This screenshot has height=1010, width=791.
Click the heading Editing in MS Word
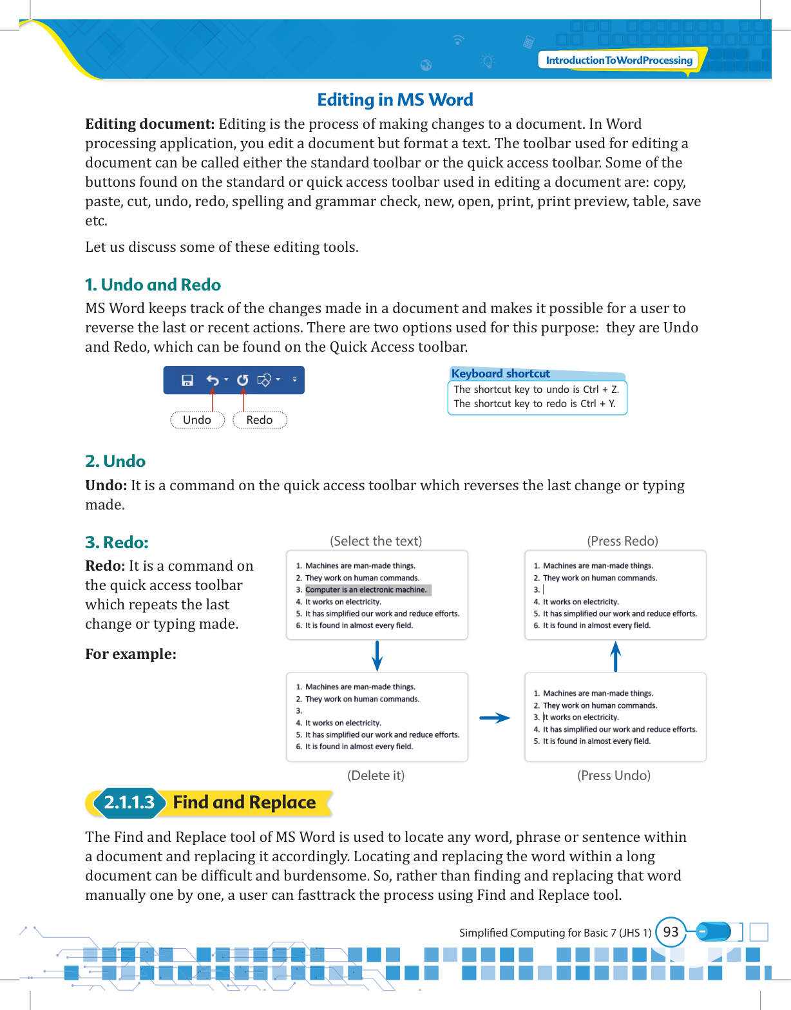[x=395, y=100]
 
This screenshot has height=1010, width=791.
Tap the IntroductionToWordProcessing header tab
[x=618, y=61]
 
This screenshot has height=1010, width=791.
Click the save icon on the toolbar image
[x=187, y=381]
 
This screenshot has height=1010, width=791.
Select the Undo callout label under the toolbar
[x=197, y=420]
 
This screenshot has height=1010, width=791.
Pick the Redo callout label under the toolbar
[x=260, y=420]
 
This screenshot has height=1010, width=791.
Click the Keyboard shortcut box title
[x=500, y=374]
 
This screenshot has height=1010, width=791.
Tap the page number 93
[x=671, y=932]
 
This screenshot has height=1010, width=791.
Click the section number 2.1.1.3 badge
[x=129, y=803]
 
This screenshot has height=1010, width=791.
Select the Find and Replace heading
[x=244, y=803]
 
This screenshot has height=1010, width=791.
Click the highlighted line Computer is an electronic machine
[x=366, y=590]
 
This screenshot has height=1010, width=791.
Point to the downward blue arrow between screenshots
[x=377, y=656]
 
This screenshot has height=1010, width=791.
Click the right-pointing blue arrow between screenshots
[x=495, y=718]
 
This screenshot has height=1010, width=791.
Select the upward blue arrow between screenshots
[x=616, y=656]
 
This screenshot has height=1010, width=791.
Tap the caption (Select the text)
[x=376, y=541]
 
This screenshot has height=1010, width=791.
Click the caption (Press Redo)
[x=622, y=541]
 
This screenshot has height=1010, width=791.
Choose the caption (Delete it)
[x=376, y=776]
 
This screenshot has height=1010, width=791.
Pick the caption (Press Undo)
[x=614, y=776]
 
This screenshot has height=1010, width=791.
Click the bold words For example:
[x=131, y=654]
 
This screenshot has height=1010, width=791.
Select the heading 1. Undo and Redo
[x=153, y=285]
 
